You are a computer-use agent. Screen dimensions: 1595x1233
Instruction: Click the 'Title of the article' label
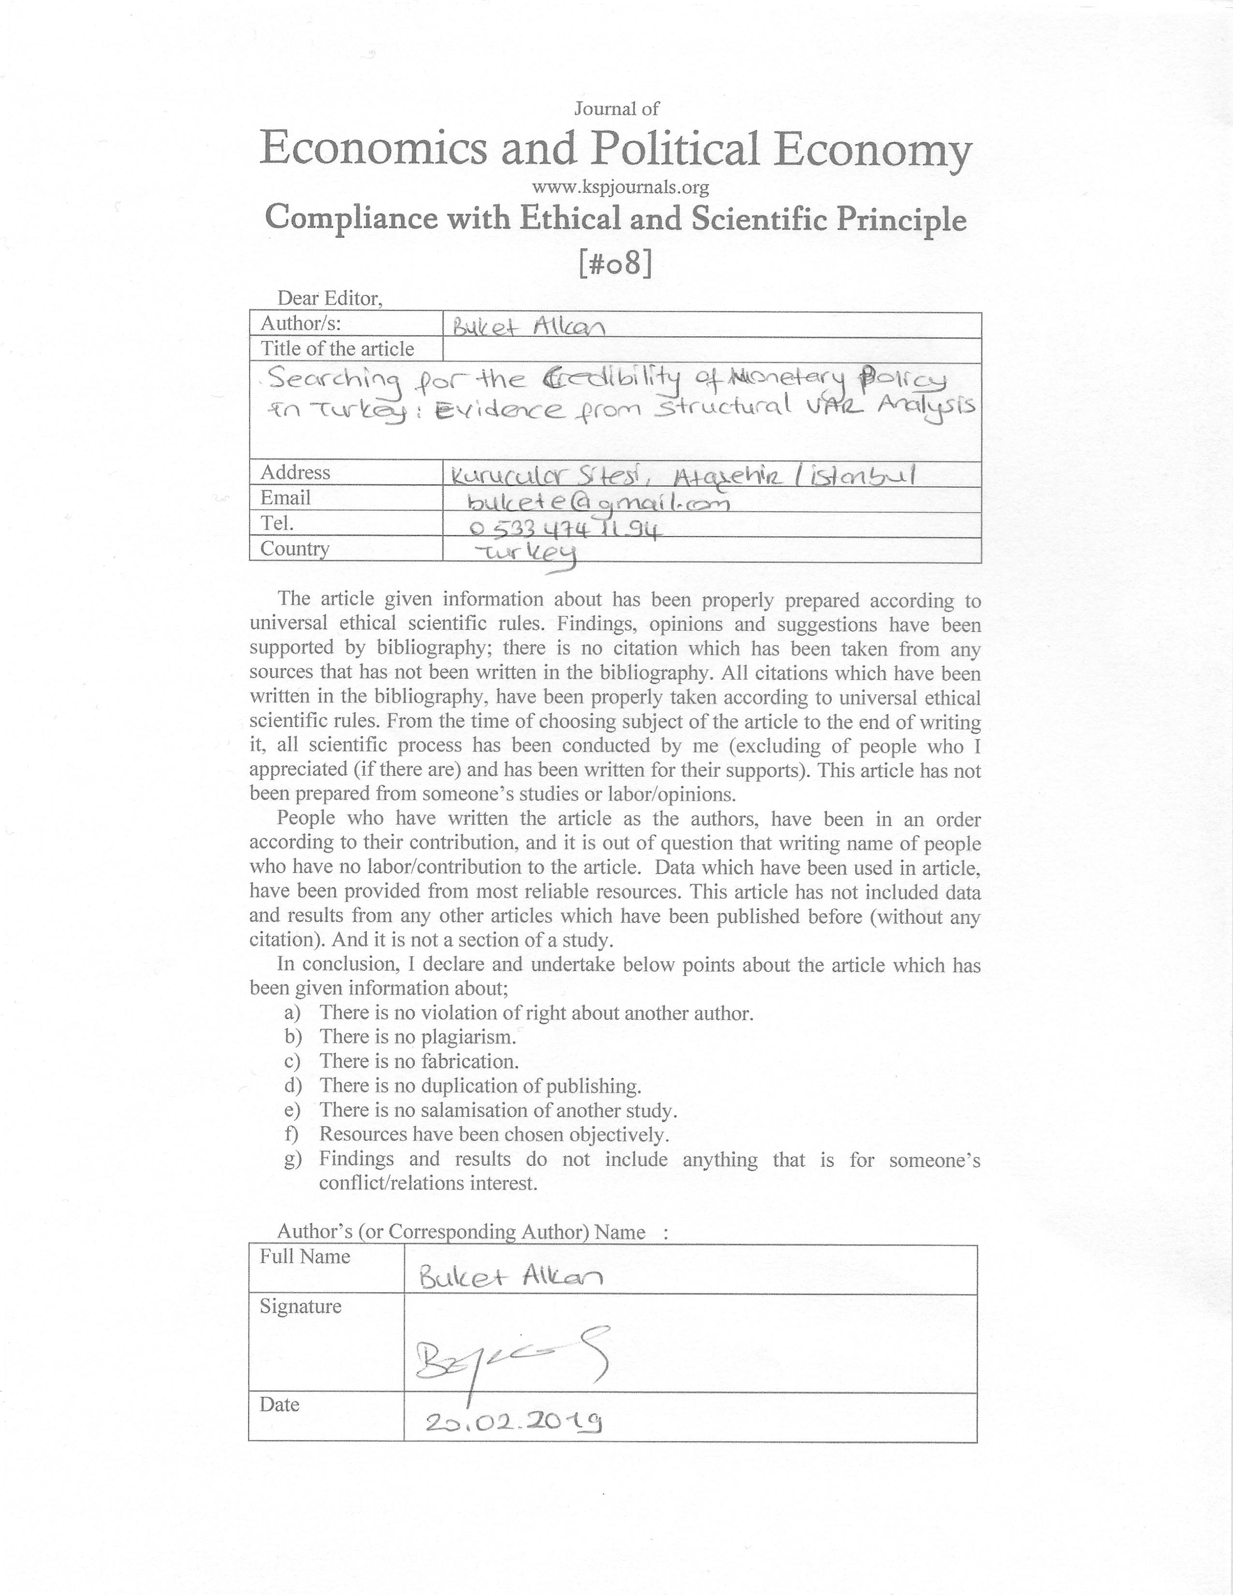[338, 349]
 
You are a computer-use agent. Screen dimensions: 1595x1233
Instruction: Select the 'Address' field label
[295, 473]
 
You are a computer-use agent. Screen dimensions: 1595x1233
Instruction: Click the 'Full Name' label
[305, 1257]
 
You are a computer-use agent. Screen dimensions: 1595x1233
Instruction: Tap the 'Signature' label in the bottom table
[300, 1306]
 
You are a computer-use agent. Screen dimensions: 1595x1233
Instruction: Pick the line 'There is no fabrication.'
[419, 1061]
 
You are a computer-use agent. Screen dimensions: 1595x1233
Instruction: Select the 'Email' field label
[286, 498]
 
